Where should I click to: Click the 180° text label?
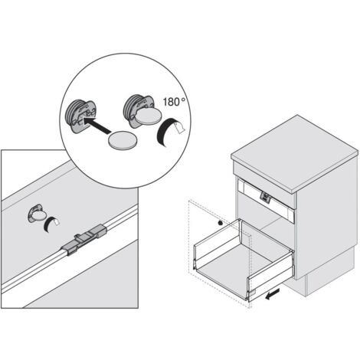[x=175, y=102]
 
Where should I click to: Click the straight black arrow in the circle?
[x=97, y=125]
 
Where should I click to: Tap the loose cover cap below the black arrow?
[x=123, y=139]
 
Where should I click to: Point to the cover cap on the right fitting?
[x=149, y=116]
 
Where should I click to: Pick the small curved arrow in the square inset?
[x=51, y=224]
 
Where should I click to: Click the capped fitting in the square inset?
[x=37, y=213]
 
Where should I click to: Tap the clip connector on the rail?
[x=84, y=240]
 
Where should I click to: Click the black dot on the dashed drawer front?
[x=220, y=223]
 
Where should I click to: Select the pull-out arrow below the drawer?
[x=273, y=294]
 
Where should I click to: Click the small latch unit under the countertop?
[x=265, y=198]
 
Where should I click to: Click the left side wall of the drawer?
[x=217, y=241]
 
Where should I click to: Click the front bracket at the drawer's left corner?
[x=195, y=265]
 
